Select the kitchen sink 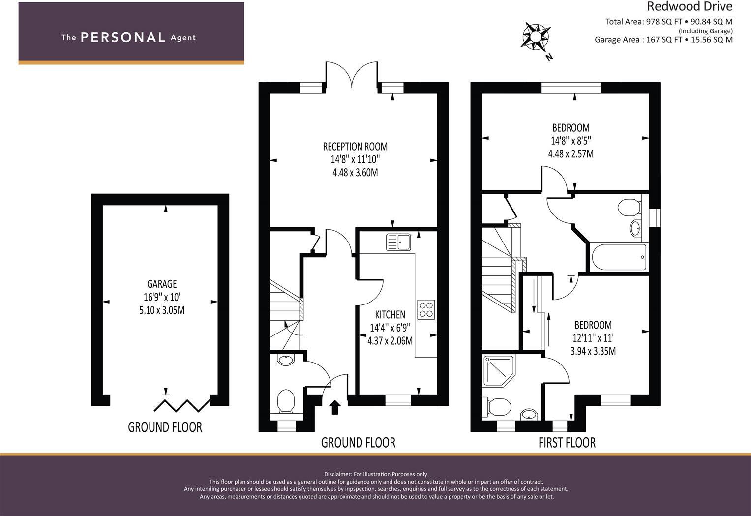[398, 242]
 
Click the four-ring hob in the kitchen [426, 309]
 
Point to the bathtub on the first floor [619, 257]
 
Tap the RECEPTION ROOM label [355, 147]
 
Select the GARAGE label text [162, 284]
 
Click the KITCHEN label [390, 315]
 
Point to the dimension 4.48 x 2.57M [571, 154]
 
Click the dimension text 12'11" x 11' [593, 338]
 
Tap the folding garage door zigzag [182, 405]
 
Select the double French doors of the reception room [351, 75]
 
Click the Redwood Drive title [689, 7]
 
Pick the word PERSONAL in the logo [122, 38]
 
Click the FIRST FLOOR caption [567, 443]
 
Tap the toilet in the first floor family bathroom [628, 207]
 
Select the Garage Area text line [663, 40]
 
